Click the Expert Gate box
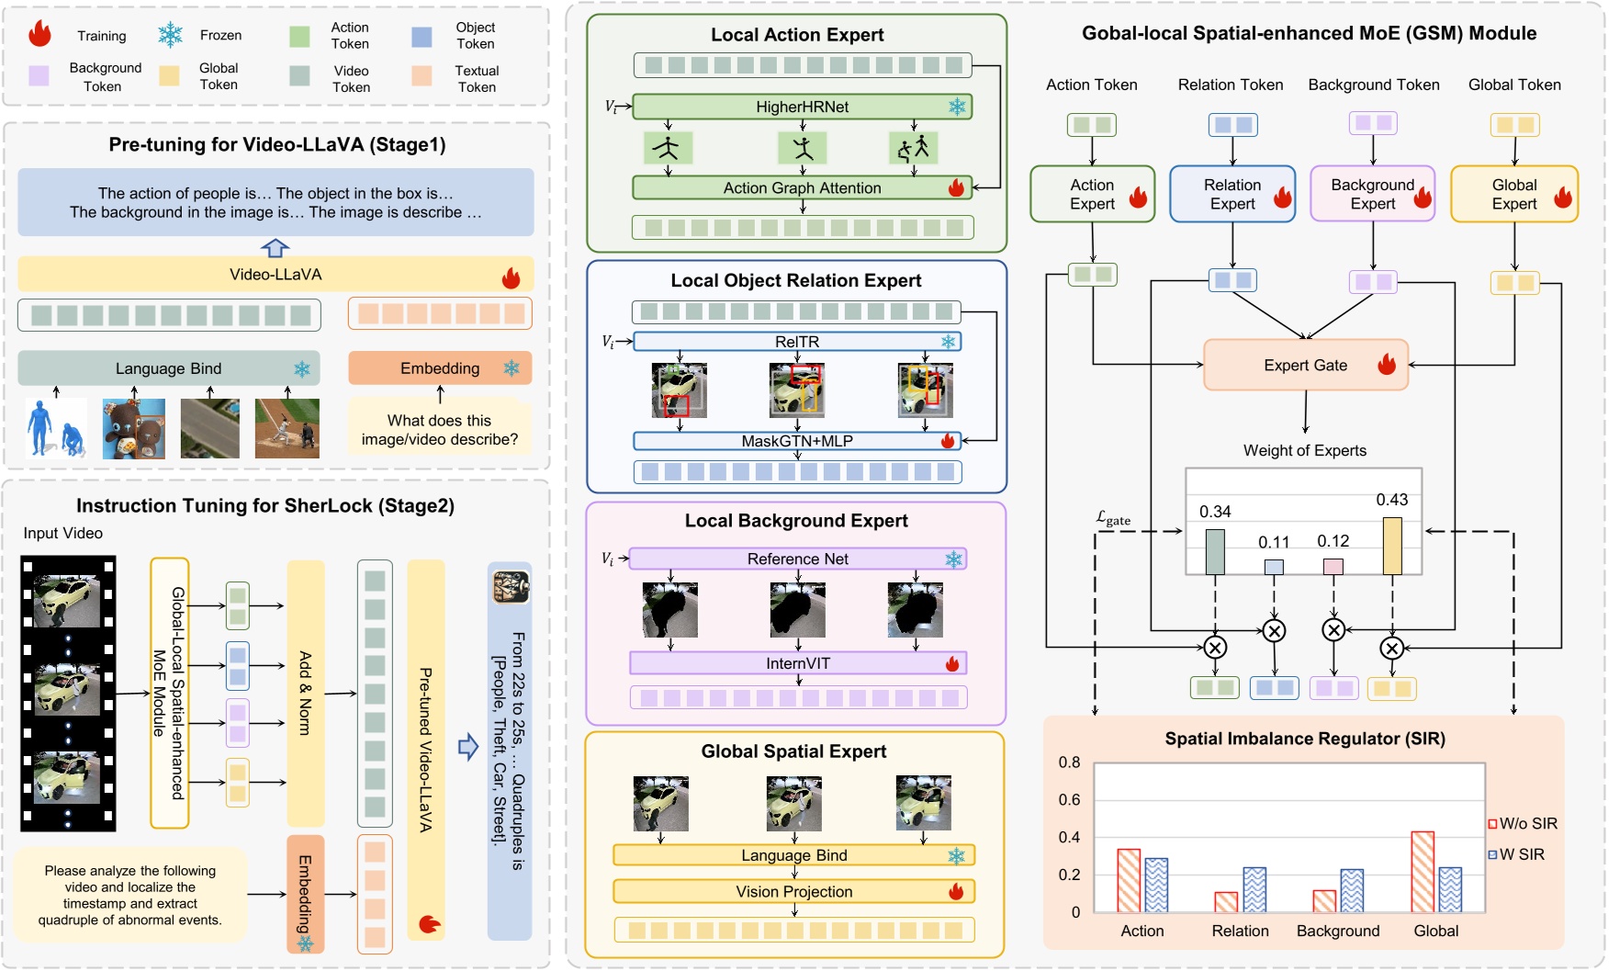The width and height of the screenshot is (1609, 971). click(1304, 366)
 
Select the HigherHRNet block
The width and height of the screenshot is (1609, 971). click(802, 107)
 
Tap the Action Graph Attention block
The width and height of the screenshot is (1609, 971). click(802, 188)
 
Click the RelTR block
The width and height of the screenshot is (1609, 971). click(796, 342)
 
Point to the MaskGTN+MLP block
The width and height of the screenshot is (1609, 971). click(796, 441)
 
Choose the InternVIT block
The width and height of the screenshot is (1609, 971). click(797, 663)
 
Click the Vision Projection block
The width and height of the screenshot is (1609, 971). click(793, 892)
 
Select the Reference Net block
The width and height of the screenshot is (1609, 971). click(797, 559)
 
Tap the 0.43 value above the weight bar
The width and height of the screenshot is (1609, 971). click(1391, 500)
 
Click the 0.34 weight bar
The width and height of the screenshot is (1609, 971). click(1214, 551)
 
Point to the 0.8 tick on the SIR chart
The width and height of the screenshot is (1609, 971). click(1069, 762)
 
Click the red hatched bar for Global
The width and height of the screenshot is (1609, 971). click(1422, 872)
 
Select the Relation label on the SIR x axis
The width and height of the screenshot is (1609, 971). click(1240, 931)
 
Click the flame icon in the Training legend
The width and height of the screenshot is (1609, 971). click(39, 35)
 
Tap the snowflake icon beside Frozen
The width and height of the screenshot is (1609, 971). click(170, 35)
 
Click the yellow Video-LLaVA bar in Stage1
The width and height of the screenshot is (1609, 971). click(276, 275)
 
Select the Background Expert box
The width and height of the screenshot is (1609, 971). click(1372, 195)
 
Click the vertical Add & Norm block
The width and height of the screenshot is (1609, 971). click(306, 694)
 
